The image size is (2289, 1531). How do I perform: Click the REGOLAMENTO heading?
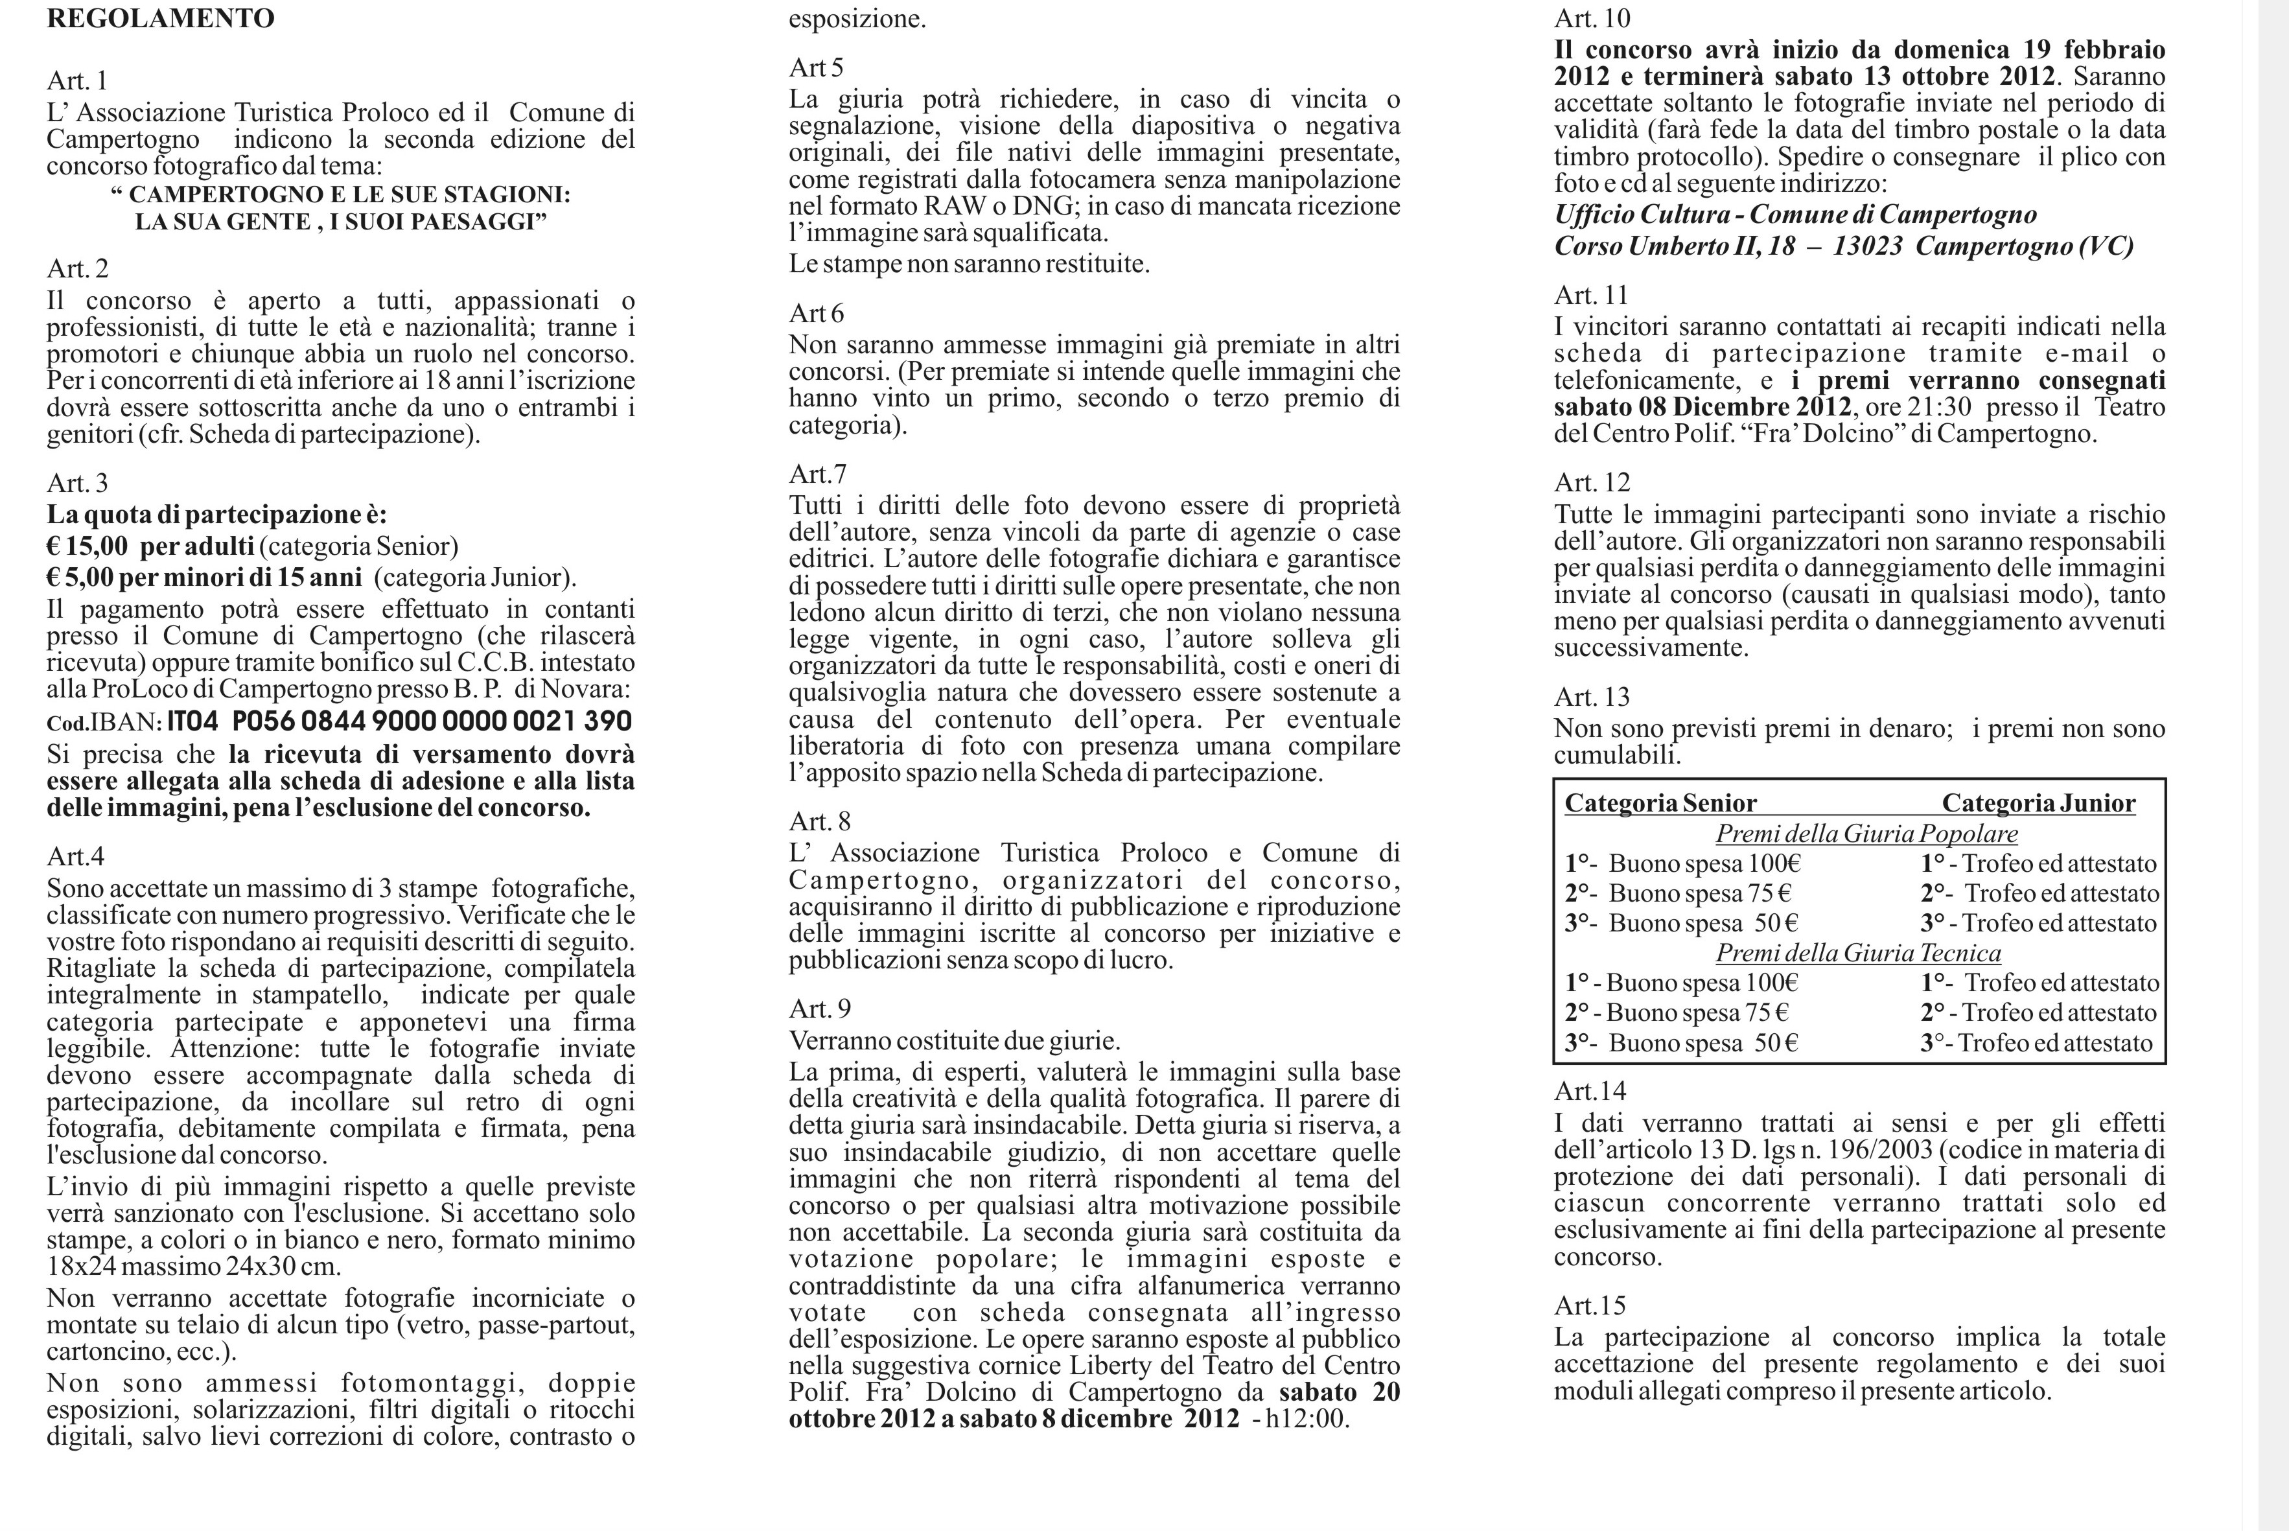[x=160, y=19]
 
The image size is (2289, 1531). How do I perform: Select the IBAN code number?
[x=399, y=721]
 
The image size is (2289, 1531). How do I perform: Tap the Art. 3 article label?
[x=77, y=484]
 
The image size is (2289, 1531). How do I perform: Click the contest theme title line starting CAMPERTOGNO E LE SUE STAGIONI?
[x=341, y=194]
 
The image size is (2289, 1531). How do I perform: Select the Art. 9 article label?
[x=820, y=1008]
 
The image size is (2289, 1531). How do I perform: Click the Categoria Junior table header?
[x=2038, y=804]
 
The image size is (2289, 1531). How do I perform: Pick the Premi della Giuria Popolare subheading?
[x=1866, y=834]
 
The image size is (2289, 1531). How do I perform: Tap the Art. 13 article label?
[x=1592, y=697]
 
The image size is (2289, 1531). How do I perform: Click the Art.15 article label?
[x=1590, y=1305]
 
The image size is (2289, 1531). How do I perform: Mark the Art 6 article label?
[x=816, y=314]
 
